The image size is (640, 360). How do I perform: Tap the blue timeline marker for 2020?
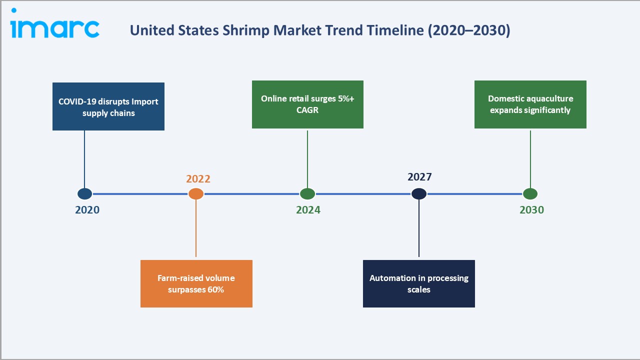pyautogui.click(x=84, y=194)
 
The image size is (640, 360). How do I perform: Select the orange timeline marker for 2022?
pyautogui.click(x=196, y=194)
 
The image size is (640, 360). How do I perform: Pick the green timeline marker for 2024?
pyautogui.click(x=307, y=194)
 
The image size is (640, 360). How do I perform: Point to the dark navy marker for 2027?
pyautogui.click(x=419, y=194)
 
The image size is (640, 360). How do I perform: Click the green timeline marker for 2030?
pyautogui.click(x=530, y=194)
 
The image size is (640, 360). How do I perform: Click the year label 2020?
pyautogui.click(x=87, y=210)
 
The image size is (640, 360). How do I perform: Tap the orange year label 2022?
pyautogui.click(x=198, y=179)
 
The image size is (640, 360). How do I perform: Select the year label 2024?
pyautogui.click(x=308, y=210)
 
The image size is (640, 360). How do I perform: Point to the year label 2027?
pyautogui.click(x=419, y=177)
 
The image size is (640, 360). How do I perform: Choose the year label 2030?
pyautogui.click(x=531, y=210)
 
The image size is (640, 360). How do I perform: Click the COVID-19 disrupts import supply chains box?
pyautogui.click(x=108, y=106)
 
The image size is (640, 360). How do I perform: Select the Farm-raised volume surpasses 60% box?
pyautogui.click(x=196, y=283)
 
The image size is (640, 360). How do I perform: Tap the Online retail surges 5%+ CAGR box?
pyautogui.click(x=307, y=104)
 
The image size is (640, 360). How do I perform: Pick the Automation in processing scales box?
pyautogui.click(x=419, y=283)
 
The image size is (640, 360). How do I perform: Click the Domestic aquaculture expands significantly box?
pyautogui.click(x=530, y=104)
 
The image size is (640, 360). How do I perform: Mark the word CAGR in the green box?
pyautogui.click(x=307, y=110)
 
